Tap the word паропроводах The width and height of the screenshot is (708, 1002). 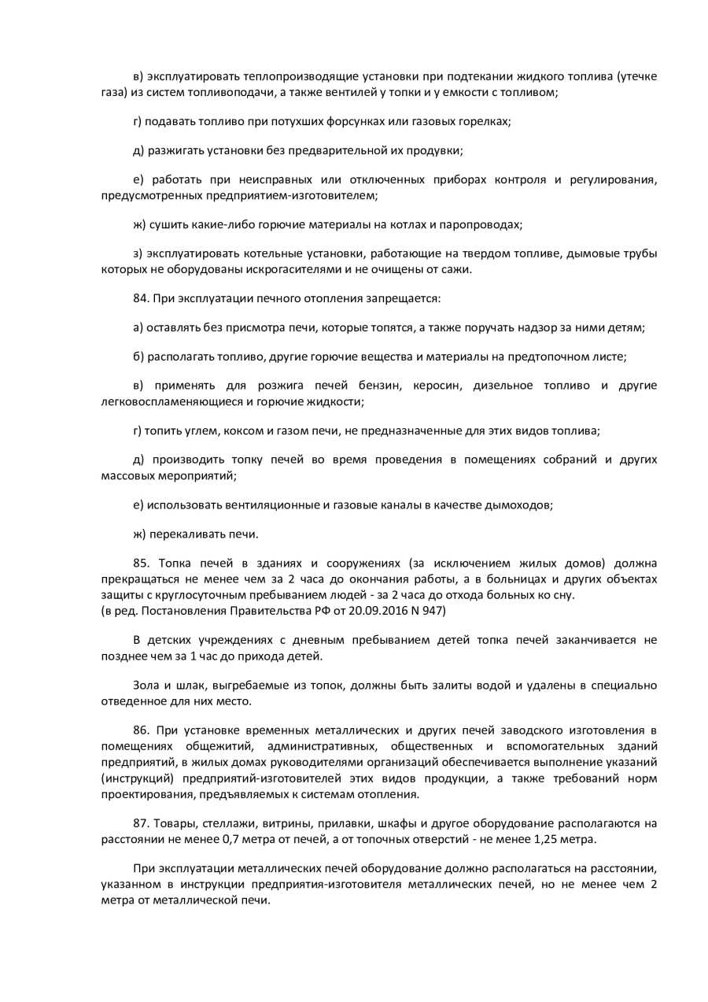pos(481,224)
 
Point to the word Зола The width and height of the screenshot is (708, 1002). pos(147,686)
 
